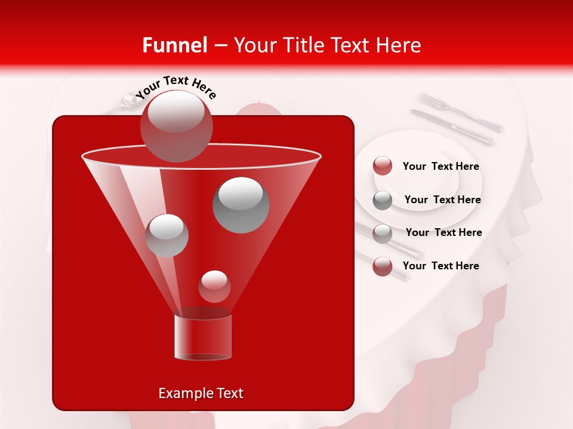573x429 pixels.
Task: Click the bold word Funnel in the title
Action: click(x=174, y=45)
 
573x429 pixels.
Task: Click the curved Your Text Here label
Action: click(x=176, y=86)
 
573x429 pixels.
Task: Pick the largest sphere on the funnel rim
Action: click(x=176, y=126)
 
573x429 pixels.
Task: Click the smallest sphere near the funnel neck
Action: click(x=214, y=286)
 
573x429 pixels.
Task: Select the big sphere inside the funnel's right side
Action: click(x=241, y=205)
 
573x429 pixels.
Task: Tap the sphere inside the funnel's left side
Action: click(x=167, y=235)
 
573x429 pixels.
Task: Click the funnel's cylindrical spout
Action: click(x=203, y=337)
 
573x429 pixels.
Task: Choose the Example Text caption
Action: click(x=201, y=393)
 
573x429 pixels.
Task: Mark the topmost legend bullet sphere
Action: click(x=383, y=166)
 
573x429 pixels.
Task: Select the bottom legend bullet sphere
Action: click(x=383, y=266)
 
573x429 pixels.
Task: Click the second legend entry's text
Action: click(x=442, y=200)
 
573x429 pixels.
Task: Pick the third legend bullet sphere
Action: click(x=383, y=233)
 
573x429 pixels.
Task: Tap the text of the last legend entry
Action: click(x=440, y=266)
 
